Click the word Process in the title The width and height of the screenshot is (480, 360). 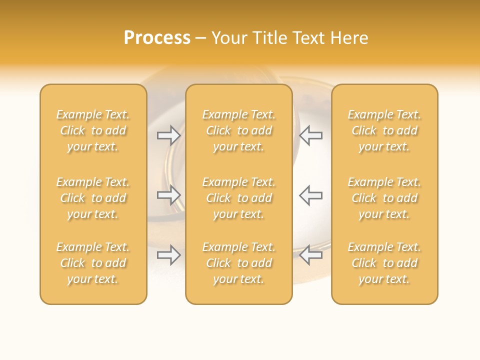[157, 38]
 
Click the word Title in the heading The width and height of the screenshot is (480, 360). [268, 38]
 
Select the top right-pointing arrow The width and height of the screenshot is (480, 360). [169, 135]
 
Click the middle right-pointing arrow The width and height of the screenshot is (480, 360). [169, 195]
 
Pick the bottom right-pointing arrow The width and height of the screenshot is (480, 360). [169, 255]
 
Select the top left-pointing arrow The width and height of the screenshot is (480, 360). [310, 135]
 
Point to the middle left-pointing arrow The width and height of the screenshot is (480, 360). [310, 195]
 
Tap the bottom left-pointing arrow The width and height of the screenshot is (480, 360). [310, 255]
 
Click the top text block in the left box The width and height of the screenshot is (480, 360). [93, 130]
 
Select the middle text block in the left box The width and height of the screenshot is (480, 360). [93, 198]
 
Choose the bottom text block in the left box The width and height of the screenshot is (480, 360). [93, 263]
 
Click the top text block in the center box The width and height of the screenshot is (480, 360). [239, 130]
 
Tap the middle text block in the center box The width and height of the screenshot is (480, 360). [239, 198]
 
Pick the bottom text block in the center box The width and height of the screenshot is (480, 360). [239, 263]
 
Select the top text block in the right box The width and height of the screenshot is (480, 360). [384, 130]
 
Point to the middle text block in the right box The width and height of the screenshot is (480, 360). [384, 198]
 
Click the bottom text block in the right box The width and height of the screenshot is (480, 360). [384, 263]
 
